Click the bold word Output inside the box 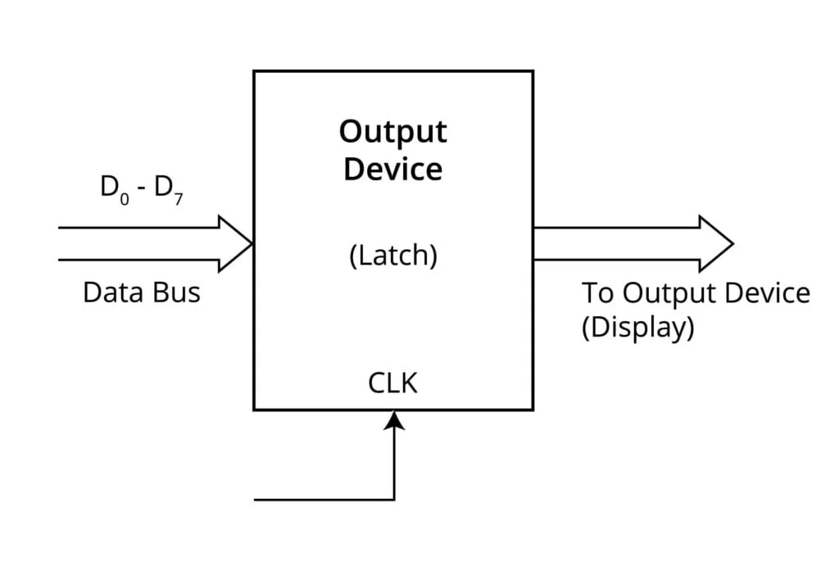coord(393,132)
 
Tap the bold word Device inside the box coord(393,169)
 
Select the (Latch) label coord(393,256)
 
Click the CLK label coord(393,383)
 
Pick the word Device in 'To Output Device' coord(769,292)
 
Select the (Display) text coord(638,328)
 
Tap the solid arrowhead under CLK coord(394,419)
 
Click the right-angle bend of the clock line coord(394,499)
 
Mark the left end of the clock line coord(256,499)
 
